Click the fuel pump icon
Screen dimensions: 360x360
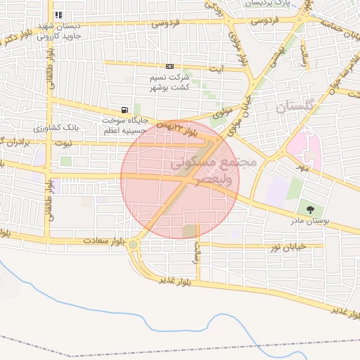pos(124,110)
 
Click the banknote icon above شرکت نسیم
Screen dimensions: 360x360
pos(168,66)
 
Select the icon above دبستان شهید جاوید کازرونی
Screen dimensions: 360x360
pos(58,15)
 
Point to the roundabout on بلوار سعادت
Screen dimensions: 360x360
pos(134,245)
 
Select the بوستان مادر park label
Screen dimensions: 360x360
pos(310,221)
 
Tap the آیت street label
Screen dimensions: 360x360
pos(219,69)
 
